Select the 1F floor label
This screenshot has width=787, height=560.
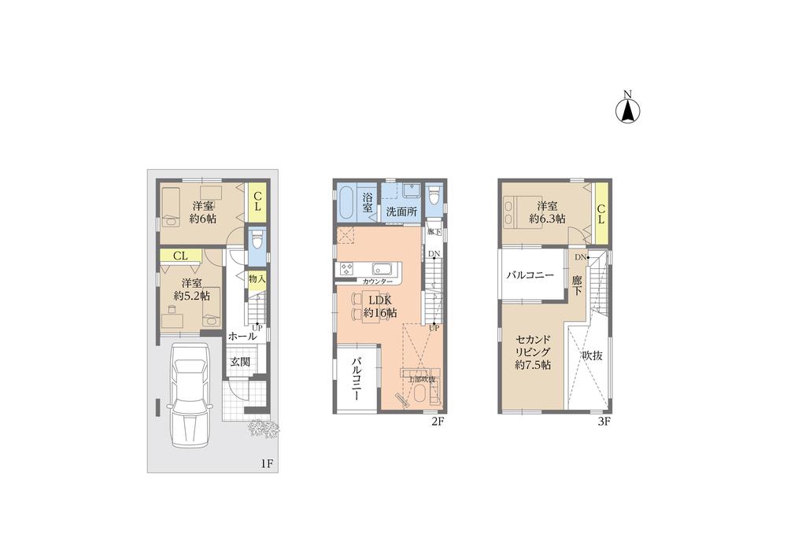[267, 463]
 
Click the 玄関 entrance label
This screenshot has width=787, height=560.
[240, 362]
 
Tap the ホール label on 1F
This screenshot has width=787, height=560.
[242, 336]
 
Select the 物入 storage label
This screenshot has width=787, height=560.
[256, 278]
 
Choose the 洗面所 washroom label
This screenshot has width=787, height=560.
[401, 212]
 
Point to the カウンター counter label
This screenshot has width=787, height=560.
[378, 281]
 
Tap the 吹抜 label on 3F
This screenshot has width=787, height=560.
[592, 356]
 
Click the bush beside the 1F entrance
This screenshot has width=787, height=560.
[264, 429]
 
